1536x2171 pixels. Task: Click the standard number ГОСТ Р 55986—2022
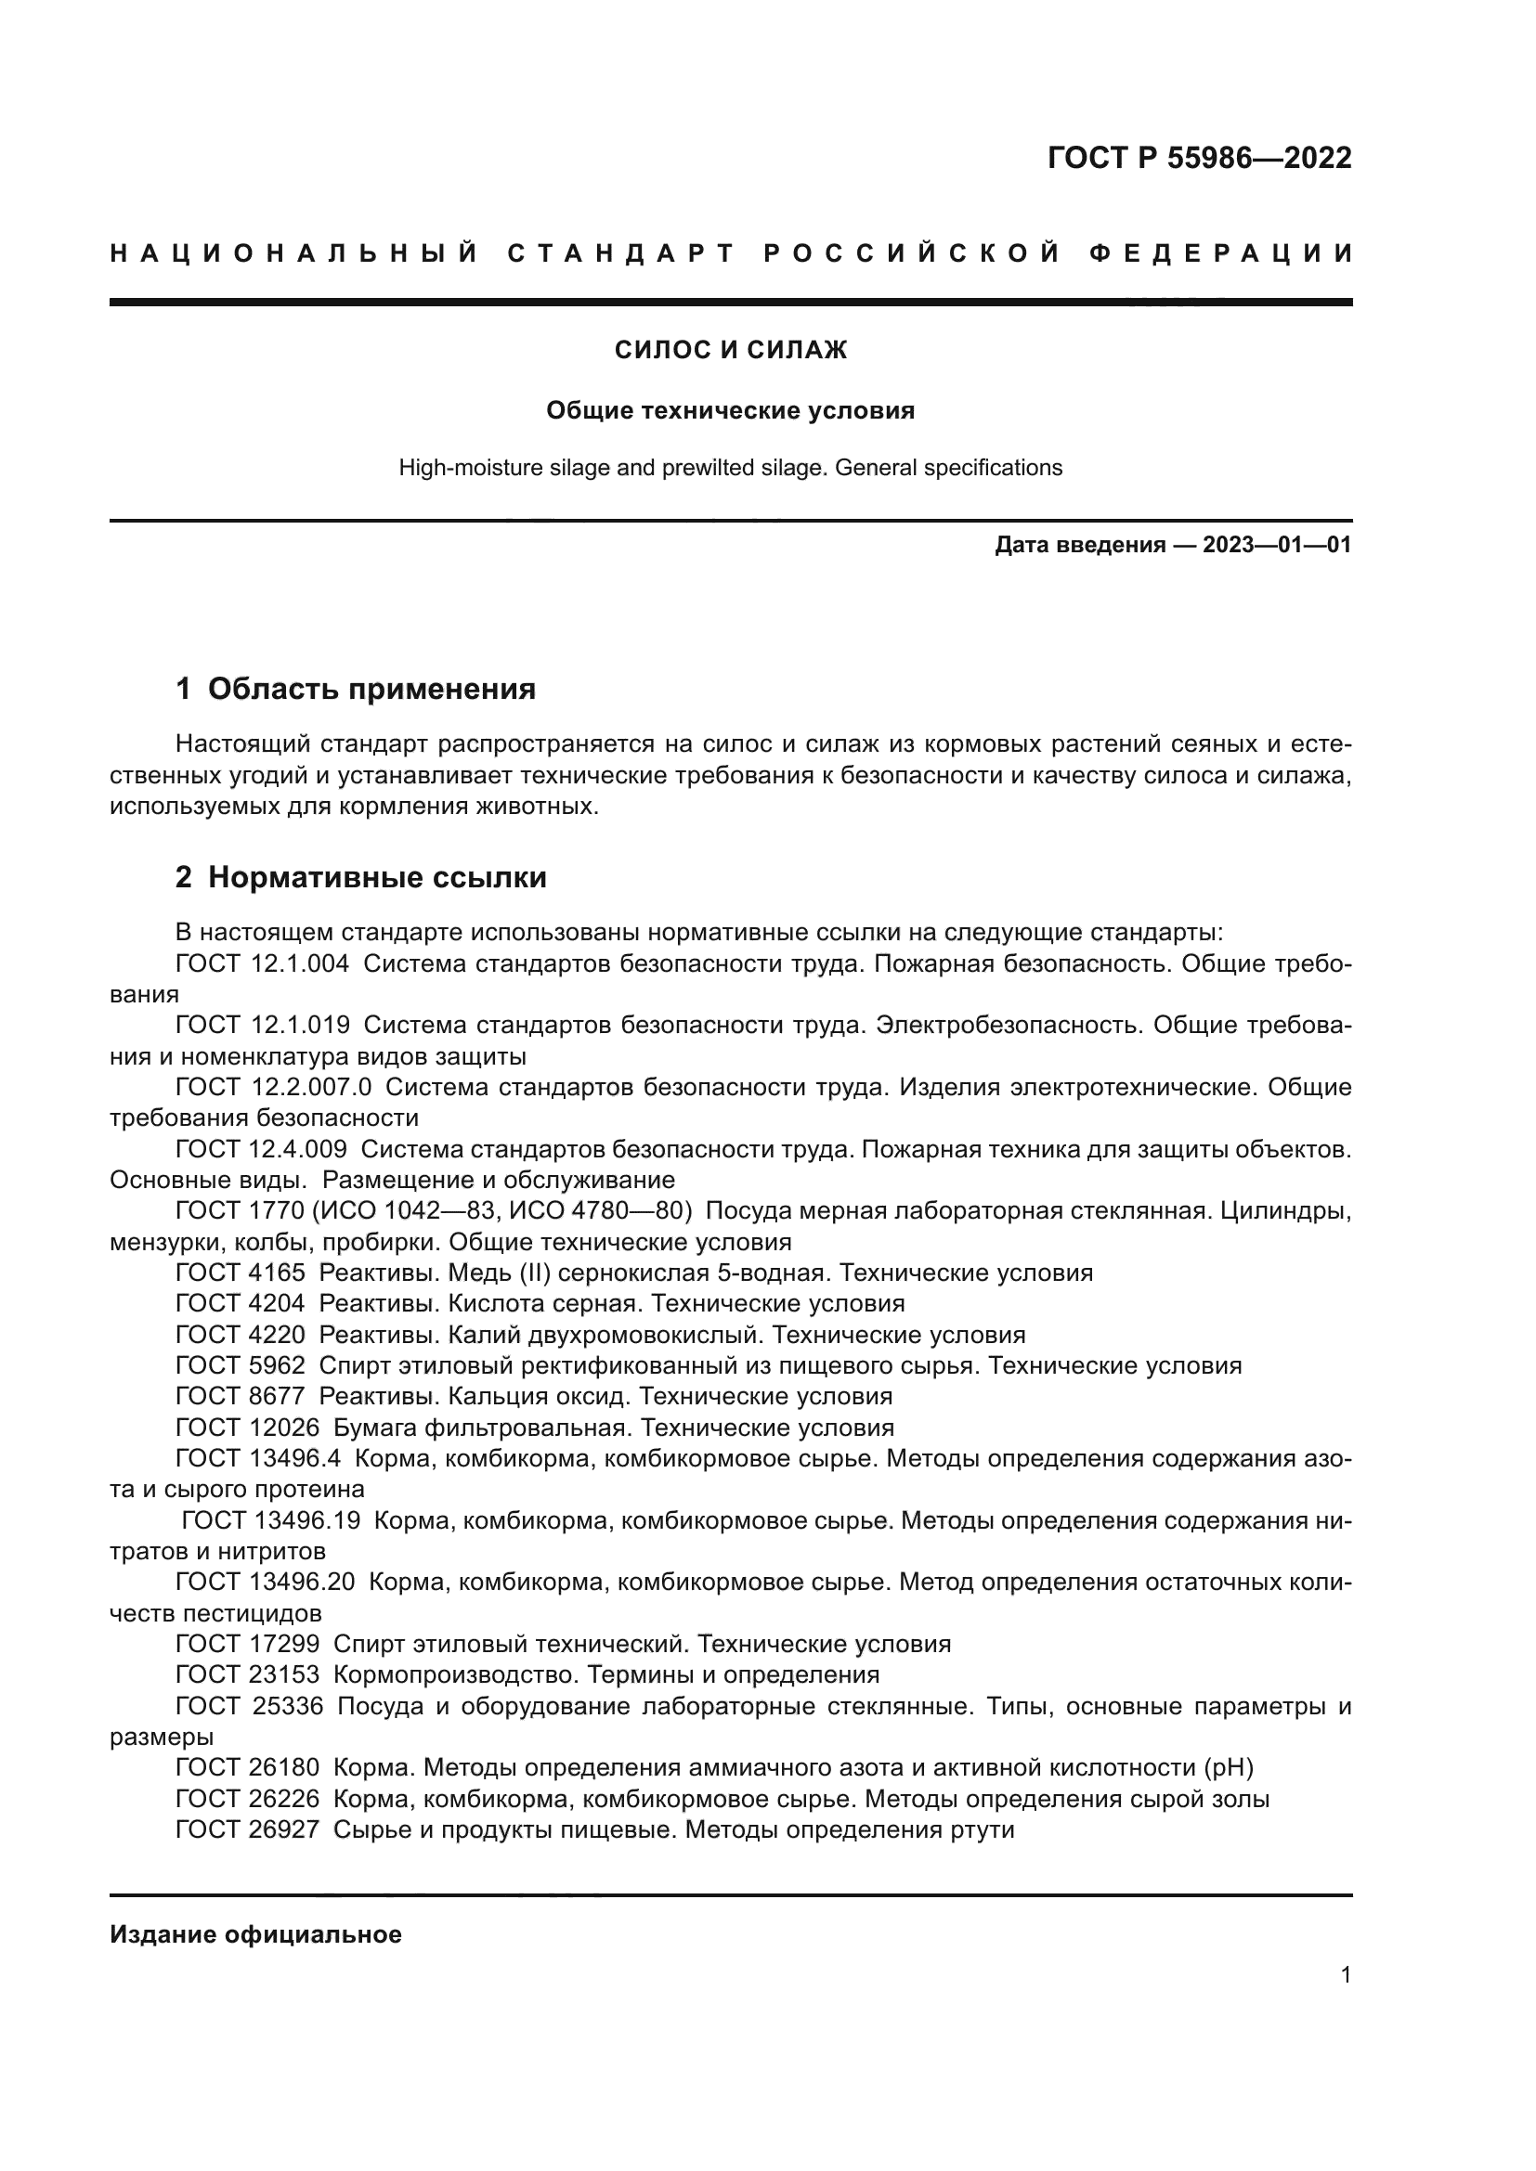[1198, 158]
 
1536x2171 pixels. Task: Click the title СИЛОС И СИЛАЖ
[730, 351]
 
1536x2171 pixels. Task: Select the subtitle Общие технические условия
[730, 410]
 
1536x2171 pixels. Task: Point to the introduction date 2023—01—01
[1276, 545]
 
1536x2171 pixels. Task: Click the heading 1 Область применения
[356, 689]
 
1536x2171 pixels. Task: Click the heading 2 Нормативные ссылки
[361, 877]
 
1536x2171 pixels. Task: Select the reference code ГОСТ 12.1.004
[262, 964]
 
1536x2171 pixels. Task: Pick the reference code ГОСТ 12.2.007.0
[273, 1088]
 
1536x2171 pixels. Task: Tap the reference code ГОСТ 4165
[241, 1273]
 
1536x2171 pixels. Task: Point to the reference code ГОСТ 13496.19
[270, 1520]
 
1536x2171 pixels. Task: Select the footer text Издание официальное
[255, 1934]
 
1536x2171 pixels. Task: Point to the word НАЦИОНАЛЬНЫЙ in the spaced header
[294, 253]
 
